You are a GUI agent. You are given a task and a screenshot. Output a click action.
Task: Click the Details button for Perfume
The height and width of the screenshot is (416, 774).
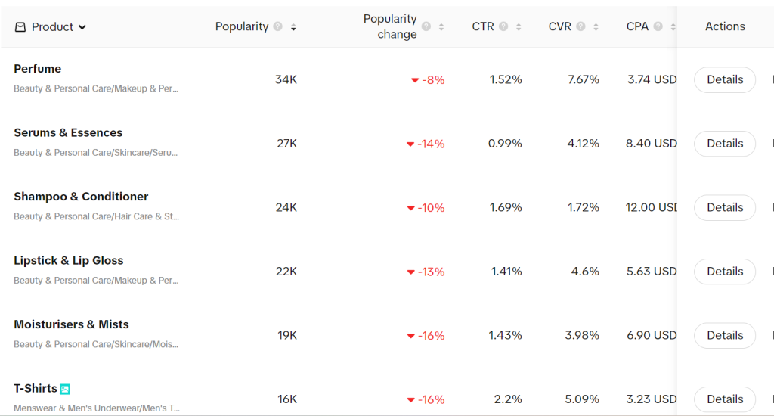tap(724, 79)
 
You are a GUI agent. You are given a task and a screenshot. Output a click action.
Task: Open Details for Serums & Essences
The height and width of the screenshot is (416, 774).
tap(724, 144)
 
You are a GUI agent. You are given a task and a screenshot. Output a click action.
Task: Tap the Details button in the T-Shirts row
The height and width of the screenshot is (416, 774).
tap(724, 399)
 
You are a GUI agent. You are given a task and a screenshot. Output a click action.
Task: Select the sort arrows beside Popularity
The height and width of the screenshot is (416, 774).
tap(293, 27)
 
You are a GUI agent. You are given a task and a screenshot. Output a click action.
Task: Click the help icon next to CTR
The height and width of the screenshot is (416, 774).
tap(503, 26)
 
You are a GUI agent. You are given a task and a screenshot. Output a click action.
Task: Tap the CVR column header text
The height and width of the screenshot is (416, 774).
tap(559, 26)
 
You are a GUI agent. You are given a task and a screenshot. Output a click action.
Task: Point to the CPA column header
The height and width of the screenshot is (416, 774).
tap(637, 26)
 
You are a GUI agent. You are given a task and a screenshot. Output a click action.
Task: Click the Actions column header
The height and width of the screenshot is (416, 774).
tap(725, 26)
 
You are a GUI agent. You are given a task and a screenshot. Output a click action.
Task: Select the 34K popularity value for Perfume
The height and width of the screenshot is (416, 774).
tap(286, 79)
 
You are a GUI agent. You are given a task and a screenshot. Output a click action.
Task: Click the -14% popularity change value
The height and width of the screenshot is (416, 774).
tap(431, 144)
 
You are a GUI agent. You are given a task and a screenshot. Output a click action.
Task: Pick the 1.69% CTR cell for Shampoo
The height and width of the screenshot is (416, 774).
tap(505, 207)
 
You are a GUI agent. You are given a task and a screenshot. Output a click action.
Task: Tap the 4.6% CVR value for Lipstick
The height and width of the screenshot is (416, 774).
tap(585, 272)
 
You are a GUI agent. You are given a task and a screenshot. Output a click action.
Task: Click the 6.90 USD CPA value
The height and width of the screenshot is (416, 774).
tap(652, 335)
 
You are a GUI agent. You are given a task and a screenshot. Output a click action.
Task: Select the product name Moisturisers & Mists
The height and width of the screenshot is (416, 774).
tap(71, 324)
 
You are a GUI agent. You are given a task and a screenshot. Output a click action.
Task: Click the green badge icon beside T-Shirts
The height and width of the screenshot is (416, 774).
tap(65, 389)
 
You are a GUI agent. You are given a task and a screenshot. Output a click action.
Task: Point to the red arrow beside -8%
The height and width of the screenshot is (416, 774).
tap(414, 80)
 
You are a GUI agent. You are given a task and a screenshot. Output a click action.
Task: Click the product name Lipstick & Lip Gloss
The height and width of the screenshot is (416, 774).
tap(68, 260)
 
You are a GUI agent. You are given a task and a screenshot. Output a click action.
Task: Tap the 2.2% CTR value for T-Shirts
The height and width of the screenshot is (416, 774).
tap(508, 399)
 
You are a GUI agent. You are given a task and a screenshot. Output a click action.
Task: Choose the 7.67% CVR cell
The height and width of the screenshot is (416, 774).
tap(583, 79)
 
